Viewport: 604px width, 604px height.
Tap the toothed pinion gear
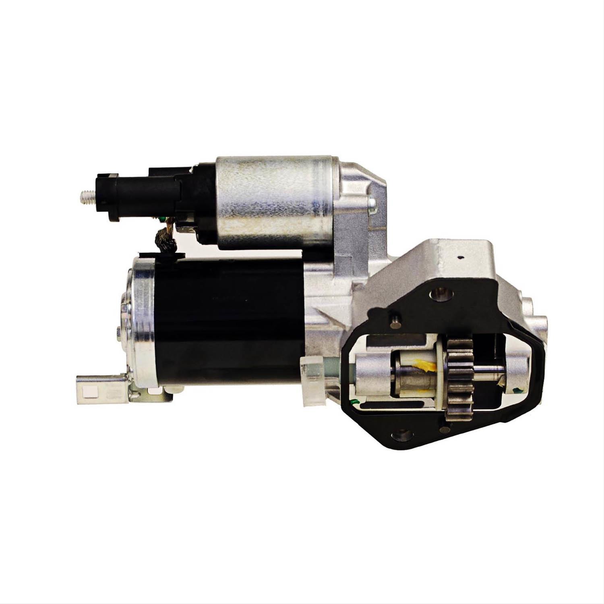tap(459, 379)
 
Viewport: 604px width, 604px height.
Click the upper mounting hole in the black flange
tap(441, 294)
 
